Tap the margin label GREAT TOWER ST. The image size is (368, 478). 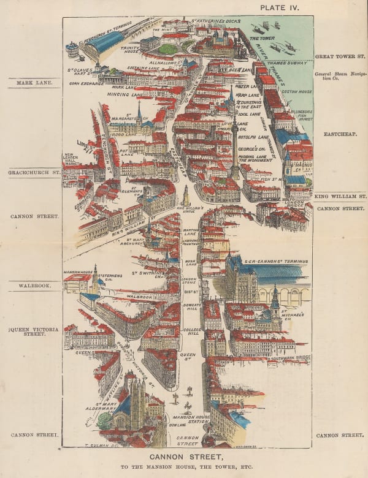(x=340, y=56)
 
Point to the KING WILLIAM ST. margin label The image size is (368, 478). (x=340, y=197)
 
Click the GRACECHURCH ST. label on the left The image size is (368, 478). (x=34, y=173)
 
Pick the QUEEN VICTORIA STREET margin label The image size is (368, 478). (x=34, y=332)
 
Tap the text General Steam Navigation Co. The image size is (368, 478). (x=339, y=77)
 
